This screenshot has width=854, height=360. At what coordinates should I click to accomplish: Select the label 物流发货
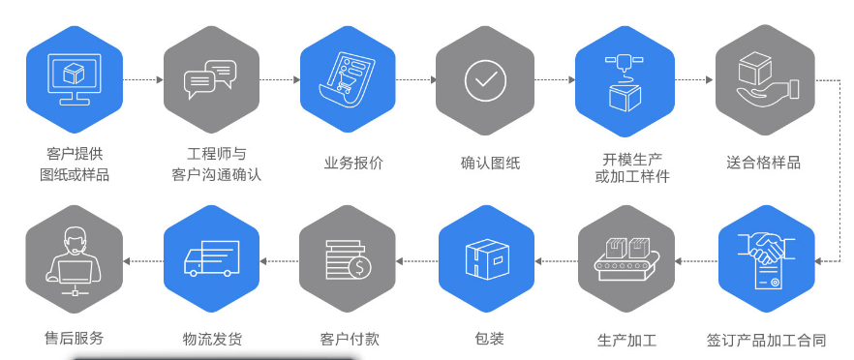[212, 340]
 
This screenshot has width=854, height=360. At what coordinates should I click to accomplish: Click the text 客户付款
[349, 340]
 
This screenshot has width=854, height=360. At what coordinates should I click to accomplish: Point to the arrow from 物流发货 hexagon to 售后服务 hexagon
[141, 259]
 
